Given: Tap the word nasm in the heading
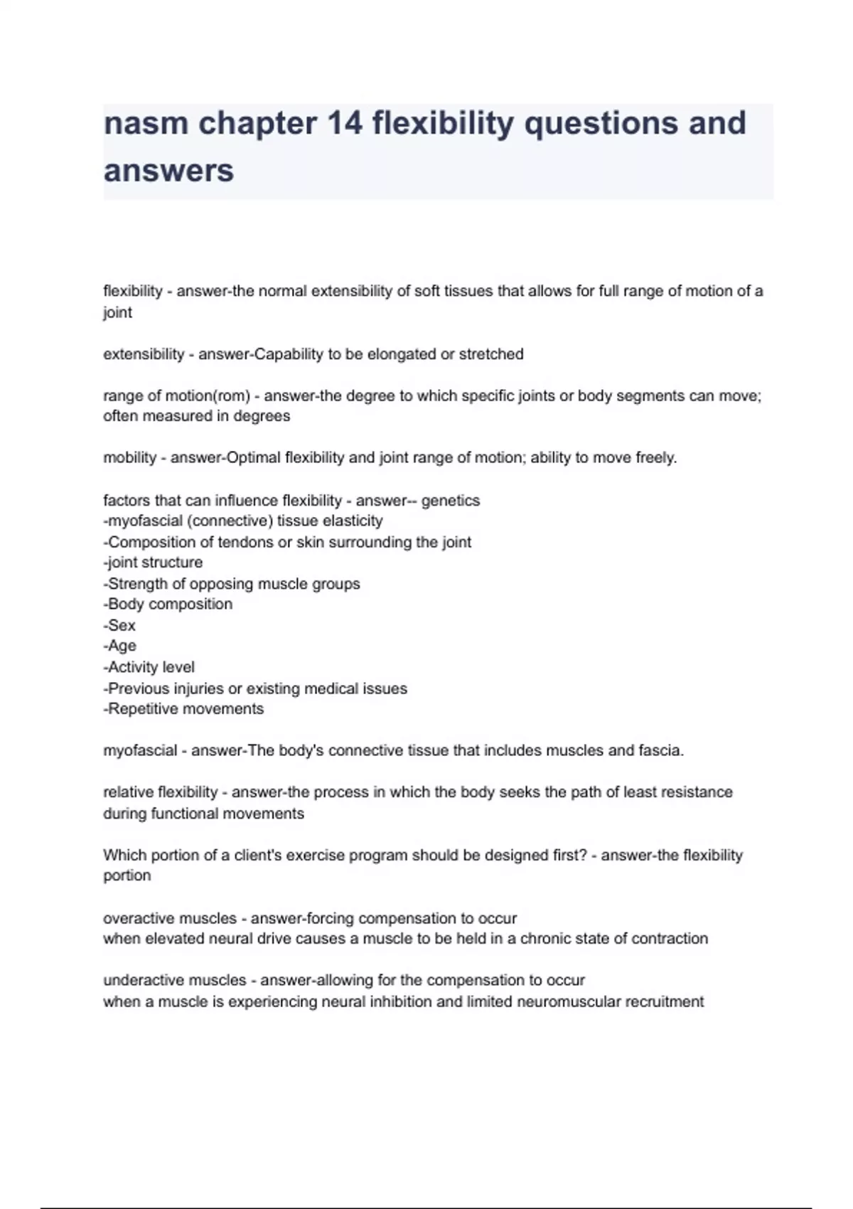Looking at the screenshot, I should coord(146,123).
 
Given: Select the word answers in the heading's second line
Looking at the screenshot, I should coord(168,171).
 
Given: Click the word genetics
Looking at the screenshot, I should coord(451,501).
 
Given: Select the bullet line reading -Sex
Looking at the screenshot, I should coord(119,626).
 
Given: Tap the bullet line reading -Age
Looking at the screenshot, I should coord(120,646).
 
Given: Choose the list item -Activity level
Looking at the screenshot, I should coord(149,667).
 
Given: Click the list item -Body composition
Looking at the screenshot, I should coord(168,604).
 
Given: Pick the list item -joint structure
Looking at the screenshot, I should coord(153,563).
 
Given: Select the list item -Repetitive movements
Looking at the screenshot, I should coord(183,709).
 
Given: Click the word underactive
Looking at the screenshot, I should coord(139,981).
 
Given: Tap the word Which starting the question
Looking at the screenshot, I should coord(124,856).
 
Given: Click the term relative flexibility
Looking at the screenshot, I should coord(161,792).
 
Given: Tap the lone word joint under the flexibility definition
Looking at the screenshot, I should coord(117,313).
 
